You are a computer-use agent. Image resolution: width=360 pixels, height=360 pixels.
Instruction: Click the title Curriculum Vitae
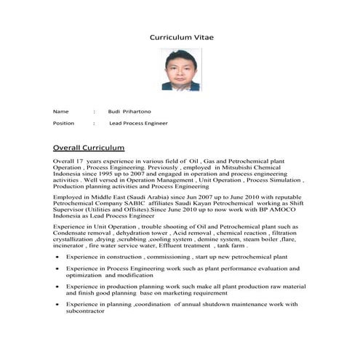(182, 36)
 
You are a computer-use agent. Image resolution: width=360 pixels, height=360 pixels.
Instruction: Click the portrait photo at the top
(180, 70)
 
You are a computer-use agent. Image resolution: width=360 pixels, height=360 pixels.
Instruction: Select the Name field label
(60, 111)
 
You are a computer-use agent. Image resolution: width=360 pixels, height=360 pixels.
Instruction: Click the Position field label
(63, 124)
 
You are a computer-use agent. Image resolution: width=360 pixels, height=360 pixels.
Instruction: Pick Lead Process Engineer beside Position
(138, 124)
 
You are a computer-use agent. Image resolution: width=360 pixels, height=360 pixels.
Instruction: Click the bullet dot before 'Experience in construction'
(57, 257)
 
